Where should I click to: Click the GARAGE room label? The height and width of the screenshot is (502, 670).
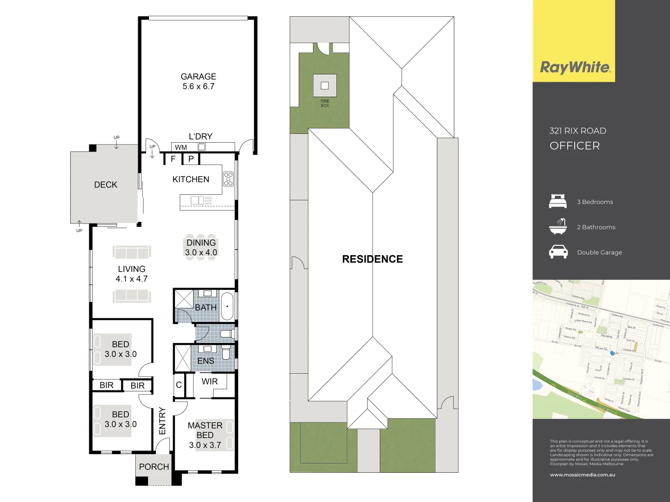pos(198,77)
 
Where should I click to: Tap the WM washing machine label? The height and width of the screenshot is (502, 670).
pos(181,147)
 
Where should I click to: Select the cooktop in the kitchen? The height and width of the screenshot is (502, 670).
pos(228,179)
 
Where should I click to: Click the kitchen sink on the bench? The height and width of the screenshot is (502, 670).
pos(197,200)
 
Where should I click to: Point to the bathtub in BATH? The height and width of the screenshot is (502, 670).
pos(227,306)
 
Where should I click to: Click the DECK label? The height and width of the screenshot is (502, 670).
pos(106,185)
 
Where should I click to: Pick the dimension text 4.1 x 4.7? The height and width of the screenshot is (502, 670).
pos(132,279)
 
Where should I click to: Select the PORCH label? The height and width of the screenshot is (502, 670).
pos(154,467)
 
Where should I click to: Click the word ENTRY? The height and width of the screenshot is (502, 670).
pos(162,421)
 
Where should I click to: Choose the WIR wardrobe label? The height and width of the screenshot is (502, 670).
pos(209,381)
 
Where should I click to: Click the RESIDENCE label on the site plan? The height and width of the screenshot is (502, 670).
pos(372,259)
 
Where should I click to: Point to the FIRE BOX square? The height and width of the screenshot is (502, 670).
pos(325,86)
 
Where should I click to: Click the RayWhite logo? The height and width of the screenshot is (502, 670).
pos(575,68)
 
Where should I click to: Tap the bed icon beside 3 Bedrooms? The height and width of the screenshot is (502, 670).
pos(558,201)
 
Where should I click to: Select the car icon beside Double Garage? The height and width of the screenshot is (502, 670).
pos(558,252)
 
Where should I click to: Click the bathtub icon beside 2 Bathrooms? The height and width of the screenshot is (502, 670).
pos(558,226)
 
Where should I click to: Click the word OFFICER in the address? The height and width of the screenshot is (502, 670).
pos(575,146)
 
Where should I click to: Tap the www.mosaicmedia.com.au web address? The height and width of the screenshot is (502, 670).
pos(583,475)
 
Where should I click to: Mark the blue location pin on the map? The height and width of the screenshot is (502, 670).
pos(613,354)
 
